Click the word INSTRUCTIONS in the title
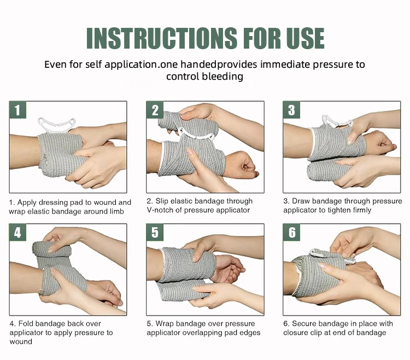click(162, 38)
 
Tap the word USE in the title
click(305, 38)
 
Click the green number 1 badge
click(17, 110)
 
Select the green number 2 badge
click(155, 110)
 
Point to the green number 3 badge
click(291, 110)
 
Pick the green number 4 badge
click(17, 232)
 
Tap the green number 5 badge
click(155, 232)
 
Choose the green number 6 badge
click(291, 232)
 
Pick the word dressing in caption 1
click(55, 203)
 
